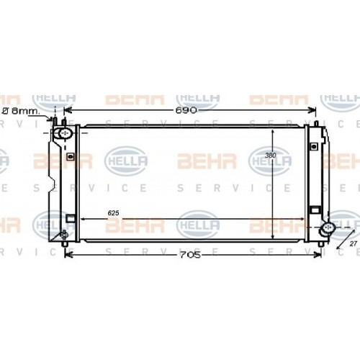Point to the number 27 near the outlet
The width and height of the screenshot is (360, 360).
(x=353, y=245)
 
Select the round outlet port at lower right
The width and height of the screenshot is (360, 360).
(x=328, y=229)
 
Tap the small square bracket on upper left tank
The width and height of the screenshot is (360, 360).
(x=70, y=156)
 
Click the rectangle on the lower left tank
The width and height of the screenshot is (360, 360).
(x=70, y=218)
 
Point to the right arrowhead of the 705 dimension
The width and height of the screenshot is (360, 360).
(x=318, y=253)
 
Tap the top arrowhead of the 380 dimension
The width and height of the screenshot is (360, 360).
(x=272, y=132)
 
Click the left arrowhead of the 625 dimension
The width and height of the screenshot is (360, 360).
(x=81, y=219)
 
